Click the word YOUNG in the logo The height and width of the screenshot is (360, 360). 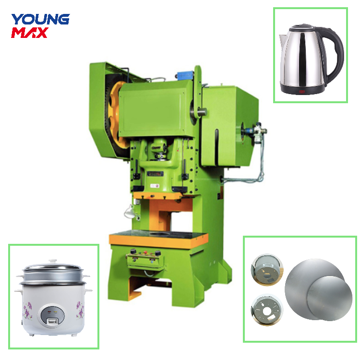pos(40,20)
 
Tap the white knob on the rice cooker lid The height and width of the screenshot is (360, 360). pos(53,262)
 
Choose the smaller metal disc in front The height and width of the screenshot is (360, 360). pos(326,300)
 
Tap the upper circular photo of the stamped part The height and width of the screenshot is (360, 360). pos(266,270)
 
